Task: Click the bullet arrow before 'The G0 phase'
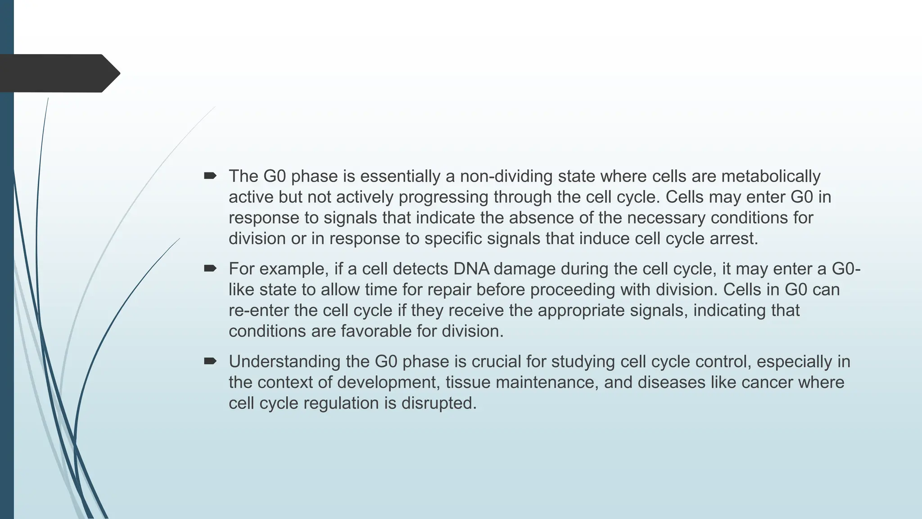point(210,176)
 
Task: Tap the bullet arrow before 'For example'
point(210,269)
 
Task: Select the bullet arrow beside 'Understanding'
point(210,361)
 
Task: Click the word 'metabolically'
point(771,176)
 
